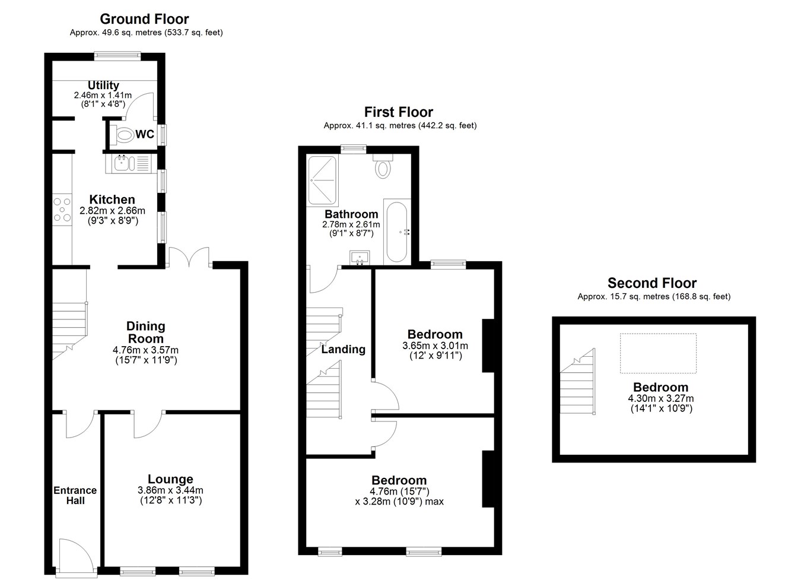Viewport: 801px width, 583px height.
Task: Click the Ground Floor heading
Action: pos(144,18)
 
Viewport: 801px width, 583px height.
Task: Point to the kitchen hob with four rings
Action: pos(62,210)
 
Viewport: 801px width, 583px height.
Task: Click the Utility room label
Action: pos(103,85)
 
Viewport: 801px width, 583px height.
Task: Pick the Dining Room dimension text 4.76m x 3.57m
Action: pos(145,350)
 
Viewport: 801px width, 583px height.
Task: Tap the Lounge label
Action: pos(170,479)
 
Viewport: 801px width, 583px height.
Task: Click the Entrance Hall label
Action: pos(75,495)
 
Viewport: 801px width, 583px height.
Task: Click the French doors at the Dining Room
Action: pos(189,256)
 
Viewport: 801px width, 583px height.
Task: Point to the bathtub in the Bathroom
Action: pos(396,232)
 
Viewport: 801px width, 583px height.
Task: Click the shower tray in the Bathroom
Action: pos(323,180)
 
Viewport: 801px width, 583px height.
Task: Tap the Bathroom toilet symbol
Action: pos(383,166)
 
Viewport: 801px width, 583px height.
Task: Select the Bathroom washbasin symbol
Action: pos(360,258)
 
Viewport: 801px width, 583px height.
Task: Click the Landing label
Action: pos(344,349)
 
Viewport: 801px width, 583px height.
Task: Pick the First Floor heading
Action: pos(398,112)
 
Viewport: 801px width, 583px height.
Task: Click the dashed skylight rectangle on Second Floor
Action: pos(658,353)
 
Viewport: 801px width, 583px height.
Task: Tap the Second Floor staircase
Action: pos(577,382)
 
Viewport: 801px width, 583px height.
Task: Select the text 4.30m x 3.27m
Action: pos(661,398)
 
